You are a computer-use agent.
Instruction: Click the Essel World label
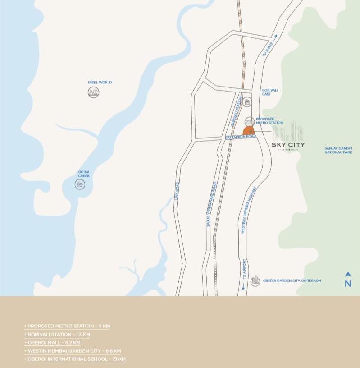(x=100, y=83)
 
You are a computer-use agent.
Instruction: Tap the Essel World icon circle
(x=93, y=92)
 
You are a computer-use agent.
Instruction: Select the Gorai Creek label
(x=84, y=174)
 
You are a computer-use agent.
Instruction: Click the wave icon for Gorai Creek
(x=80, y=184)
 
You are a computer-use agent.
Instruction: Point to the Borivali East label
(x=270, y=92)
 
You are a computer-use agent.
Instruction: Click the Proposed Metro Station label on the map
(x=269, y=121)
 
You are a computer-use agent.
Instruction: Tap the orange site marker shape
(x=249, y=131)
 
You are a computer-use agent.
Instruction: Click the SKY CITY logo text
(x=288, y=145)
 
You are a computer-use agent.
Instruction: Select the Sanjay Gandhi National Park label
(x=338, y=150)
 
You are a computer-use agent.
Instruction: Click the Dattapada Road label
(x=241, y=136)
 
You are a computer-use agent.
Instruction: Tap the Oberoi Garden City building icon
(x=255, y=281)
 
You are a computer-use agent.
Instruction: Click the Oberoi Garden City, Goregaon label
(x=292, y=281)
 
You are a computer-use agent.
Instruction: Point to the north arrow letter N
(x=348, y=283)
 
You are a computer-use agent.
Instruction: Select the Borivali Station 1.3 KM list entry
(x=59, y=334)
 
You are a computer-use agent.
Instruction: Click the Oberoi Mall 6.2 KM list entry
(x=54, y=343)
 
